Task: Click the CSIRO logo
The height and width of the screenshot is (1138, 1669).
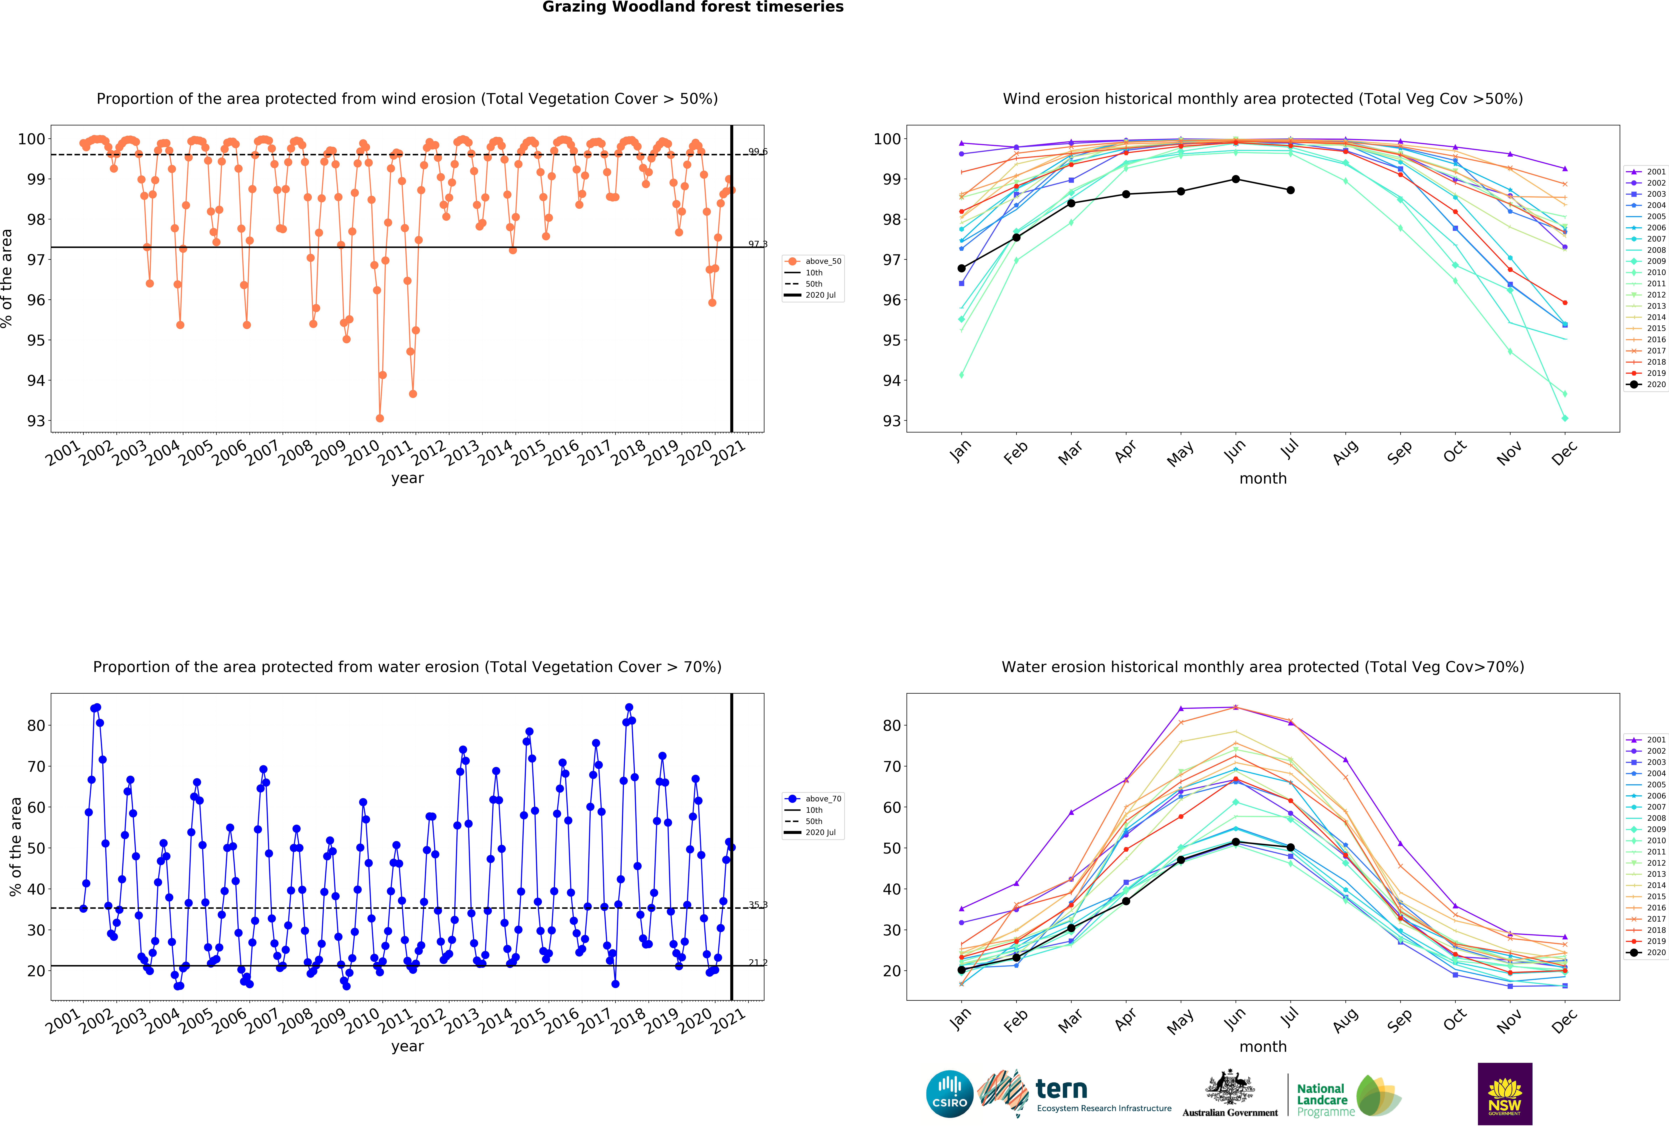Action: click(x=949, y=1094)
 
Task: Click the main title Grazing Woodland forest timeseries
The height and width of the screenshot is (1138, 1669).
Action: click(x=692, y=7)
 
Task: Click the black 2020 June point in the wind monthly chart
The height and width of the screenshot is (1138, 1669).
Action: click(x=1235, y=179)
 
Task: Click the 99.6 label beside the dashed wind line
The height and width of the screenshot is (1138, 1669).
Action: click(x=758, y=152)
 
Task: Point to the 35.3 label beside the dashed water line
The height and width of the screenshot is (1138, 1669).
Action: click(x=758, y=904)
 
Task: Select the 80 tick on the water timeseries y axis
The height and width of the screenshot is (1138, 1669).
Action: click(x=36, y=726)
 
